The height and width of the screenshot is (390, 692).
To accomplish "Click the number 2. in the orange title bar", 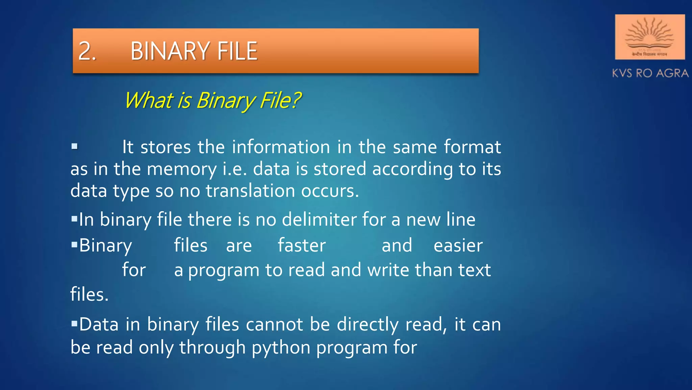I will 87,51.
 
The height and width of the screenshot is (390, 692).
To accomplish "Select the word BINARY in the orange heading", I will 169,51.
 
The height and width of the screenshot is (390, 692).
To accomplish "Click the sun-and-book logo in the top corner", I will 649,37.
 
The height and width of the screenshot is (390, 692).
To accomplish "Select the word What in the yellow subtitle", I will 149,101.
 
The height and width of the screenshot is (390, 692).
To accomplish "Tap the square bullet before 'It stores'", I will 75,147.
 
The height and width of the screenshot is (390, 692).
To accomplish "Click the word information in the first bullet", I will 281,147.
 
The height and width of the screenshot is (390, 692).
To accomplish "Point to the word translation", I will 250,191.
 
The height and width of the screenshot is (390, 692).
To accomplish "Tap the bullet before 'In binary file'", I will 75,219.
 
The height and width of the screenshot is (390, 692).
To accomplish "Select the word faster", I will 302,245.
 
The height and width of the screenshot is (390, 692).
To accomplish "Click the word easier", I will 458,245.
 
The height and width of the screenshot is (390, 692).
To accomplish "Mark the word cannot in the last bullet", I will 274,324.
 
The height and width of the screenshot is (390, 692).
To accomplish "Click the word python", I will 281,348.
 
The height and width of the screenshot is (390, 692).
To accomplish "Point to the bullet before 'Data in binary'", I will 75,324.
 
